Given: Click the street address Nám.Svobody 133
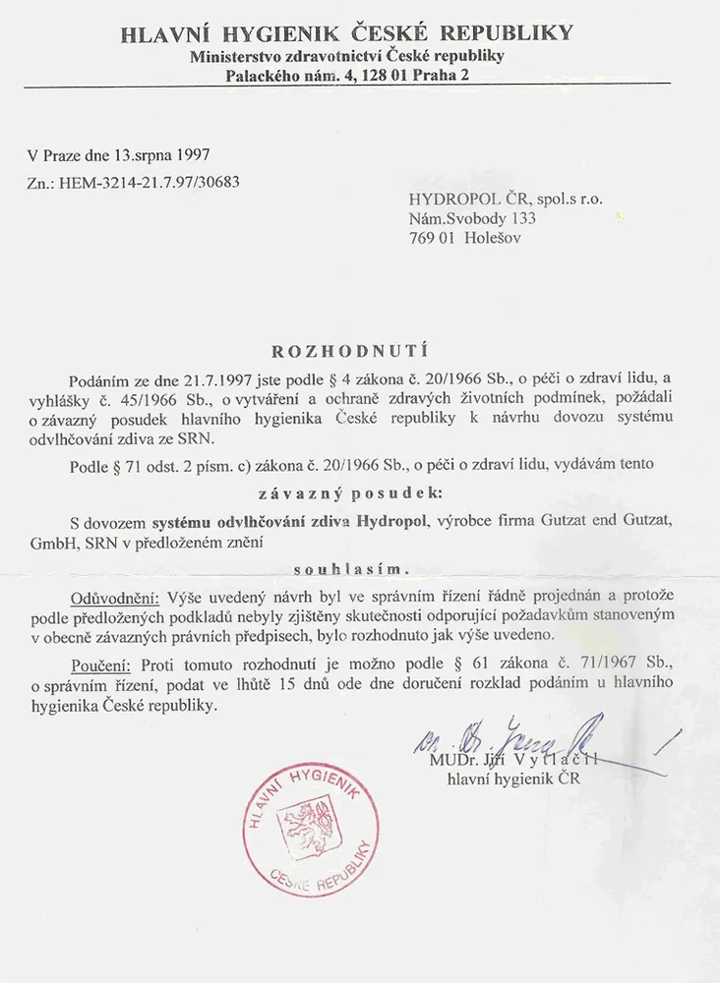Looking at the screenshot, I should click(x=472, y=218).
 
